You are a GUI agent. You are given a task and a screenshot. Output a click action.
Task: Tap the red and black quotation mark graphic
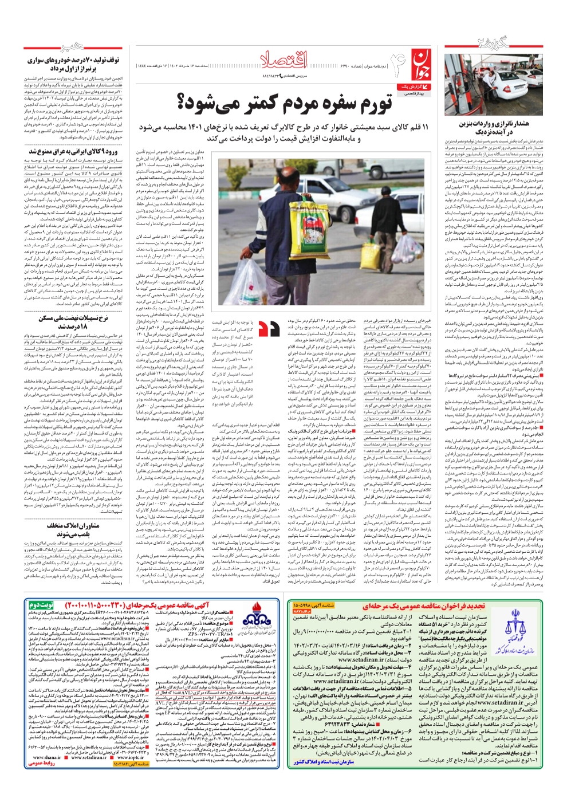(269, 328)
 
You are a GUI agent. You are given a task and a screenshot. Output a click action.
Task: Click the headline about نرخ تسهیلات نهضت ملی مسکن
(73, 321)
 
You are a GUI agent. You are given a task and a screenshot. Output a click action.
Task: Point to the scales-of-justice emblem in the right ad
(519, 628)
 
